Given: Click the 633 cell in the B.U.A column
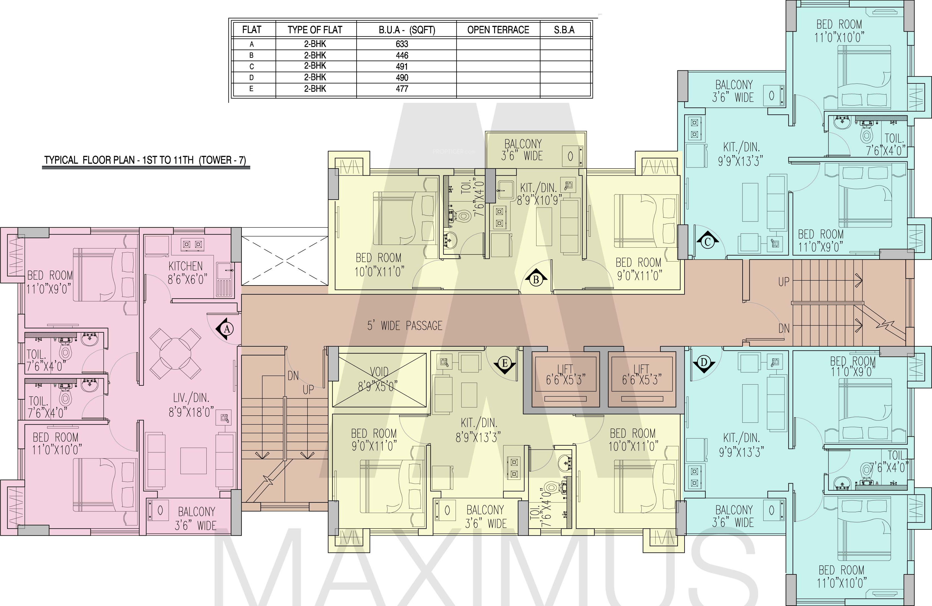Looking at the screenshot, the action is tap(402, 44).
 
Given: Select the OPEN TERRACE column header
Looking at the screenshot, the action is tap(498, 30).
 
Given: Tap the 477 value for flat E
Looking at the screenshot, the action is tap(402, 89).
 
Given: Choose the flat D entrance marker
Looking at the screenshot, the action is tap(704, 363).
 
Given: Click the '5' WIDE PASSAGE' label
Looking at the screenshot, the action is tap(405, 326).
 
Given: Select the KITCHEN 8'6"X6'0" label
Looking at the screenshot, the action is tap(187, 273).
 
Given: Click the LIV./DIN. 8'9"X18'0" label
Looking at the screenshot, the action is tap(191, 405).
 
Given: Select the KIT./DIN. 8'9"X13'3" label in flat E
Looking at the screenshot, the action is tap(478, 430).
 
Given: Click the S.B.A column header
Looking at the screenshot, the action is tap(564, 30).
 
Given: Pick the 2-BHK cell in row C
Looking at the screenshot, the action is tap(315, 66).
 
